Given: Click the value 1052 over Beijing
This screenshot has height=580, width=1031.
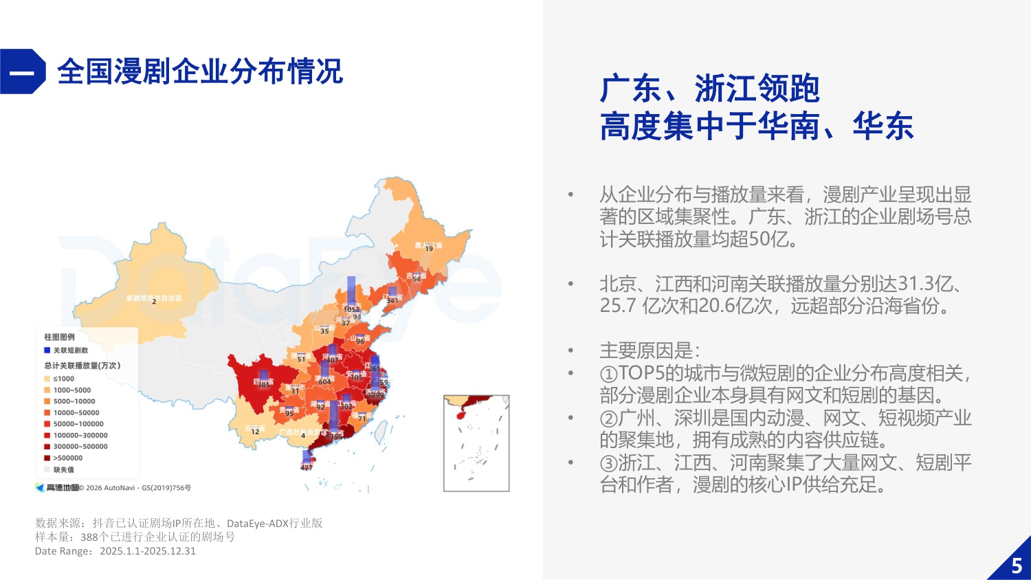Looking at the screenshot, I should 352,309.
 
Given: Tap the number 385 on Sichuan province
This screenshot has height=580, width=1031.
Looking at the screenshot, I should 264,386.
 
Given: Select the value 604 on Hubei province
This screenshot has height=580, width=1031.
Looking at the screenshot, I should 324,382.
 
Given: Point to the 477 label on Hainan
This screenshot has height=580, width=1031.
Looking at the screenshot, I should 307,467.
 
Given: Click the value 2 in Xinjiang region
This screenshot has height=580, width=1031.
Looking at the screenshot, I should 154,302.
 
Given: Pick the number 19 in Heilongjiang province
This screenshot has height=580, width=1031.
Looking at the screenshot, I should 429,249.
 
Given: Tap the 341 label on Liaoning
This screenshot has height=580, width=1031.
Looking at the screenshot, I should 392,300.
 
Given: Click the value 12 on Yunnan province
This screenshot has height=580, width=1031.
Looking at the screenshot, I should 255,432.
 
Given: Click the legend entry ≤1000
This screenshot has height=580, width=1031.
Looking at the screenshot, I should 63,379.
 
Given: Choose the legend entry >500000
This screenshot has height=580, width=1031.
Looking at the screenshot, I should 67,458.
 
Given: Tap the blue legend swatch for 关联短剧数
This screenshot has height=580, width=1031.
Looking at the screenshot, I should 47,350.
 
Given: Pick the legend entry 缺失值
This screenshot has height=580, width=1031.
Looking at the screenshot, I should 63,469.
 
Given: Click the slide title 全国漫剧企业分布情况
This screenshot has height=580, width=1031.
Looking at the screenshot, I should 199,71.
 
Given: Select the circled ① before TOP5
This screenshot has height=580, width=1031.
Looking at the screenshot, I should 609,374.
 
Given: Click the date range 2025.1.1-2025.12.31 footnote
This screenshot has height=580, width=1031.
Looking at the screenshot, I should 147,551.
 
